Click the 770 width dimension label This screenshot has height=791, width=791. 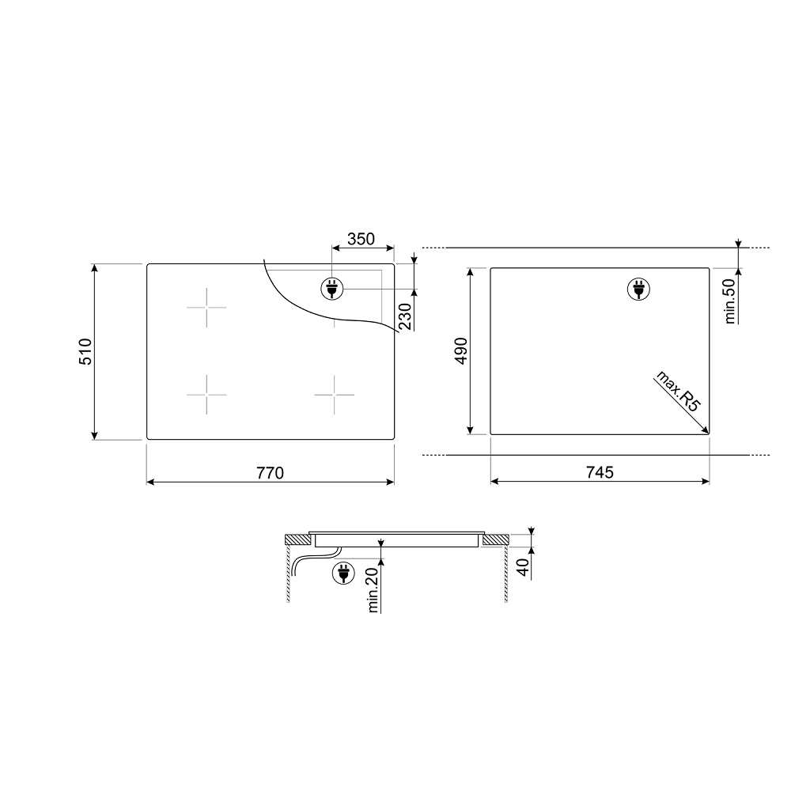pos(271,473)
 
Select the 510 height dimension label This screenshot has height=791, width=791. pos(85,352)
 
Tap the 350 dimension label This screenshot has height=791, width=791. pos(361,239)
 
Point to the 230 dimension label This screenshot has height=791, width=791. pos(406,316)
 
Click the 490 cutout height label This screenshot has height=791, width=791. pos(461,350)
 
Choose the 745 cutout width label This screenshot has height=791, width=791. pos(600,472)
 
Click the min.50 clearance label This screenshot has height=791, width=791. pos(730,301)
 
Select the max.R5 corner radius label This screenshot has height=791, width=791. pos(679,392)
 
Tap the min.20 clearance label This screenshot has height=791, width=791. pos(373,590)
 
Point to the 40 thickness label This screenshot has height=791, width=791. pos(524,567)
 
